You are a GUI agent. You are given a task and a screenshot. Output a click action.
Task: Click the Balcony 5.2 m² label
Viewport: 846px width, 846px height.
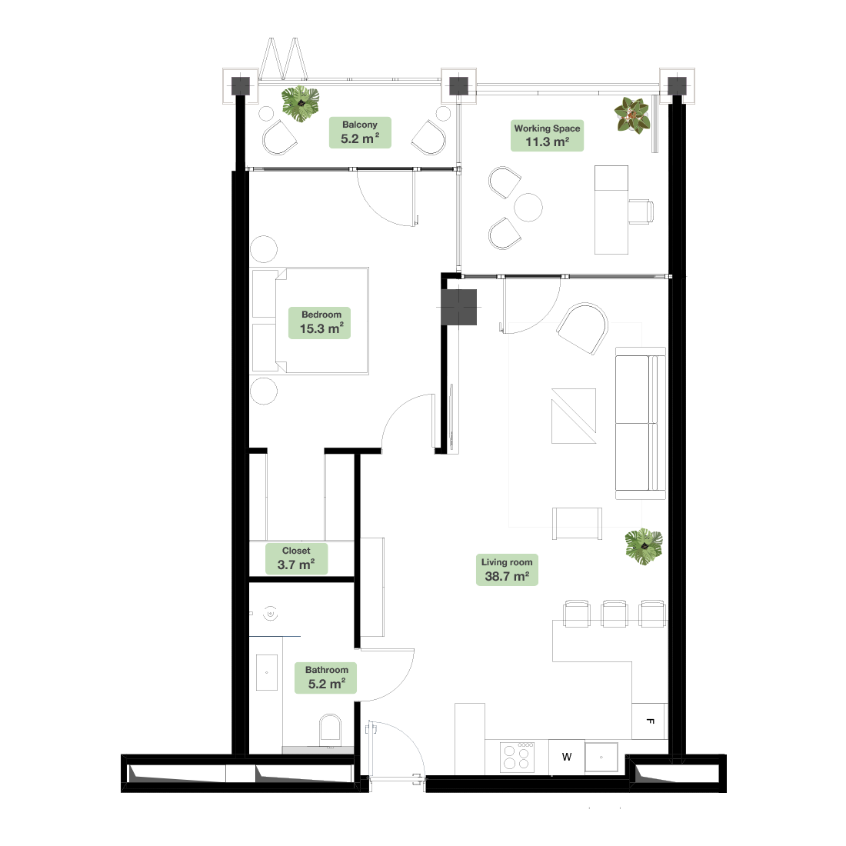coord(360,133)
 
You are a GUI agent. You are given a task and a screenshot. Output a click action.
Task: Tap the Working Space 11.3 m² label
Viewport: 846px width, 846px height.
coord(547,135)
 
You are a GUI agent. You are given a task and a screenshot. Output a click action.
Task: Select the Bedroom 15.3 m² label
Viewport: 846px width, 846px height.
coord(320,323)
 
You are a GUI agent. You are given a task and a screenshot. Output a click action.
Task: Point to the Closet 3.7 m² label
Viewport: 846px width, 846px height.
coord(296,558)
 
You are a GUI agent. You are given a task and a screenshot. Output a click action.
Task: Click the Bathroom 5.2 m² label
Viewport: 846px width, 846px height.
coord(326,678)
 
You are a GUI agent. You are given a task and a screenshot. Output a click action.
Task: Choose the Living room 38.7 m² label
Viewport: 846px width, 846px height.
coord(507,570)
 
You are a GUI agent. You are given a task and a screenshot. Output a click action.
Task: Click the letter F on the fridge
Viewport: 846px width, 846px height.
coord(650,721)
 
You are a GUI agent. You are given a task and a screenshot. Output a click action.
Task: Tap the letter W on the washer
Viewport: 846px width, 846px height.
coord(567,757)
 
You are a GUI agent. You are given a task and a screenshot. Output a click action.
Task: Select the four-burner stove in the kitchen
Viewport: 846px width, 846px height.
coord(517,757)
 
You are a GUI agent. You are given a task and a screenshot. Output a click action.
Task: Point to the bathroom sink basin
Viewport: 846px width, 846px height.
coord(267,672)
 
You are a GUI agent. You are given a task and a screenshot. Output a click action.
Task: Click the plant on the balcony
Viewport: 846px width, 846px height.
coord(300,104)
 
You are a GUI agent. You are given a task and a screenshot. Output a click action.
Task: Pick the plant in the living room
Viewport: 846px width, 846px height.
coord(644,547)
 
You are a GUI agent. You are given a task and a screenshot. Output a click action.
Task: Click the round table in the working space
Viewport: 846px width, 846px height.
coord(528,207)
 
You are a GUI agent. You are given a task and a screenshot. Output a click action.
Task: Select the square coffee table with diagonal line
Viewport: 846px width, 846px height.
coord(574,416)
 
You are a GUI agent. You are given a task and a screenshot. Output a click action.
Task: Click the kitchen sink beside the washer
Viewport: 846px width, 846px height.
coord(601,757)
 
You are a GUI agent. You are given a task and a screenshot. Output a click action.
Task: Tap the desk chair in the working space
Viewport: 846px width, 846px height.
coord(641,211)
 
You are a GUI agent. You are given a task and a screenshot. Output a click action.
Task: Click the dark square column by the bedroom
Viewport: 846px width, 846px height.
coord(459,308)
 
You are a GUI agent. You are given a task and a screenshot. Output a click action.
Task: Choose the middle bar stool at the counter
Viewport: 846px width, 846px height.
coord(615,614)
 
